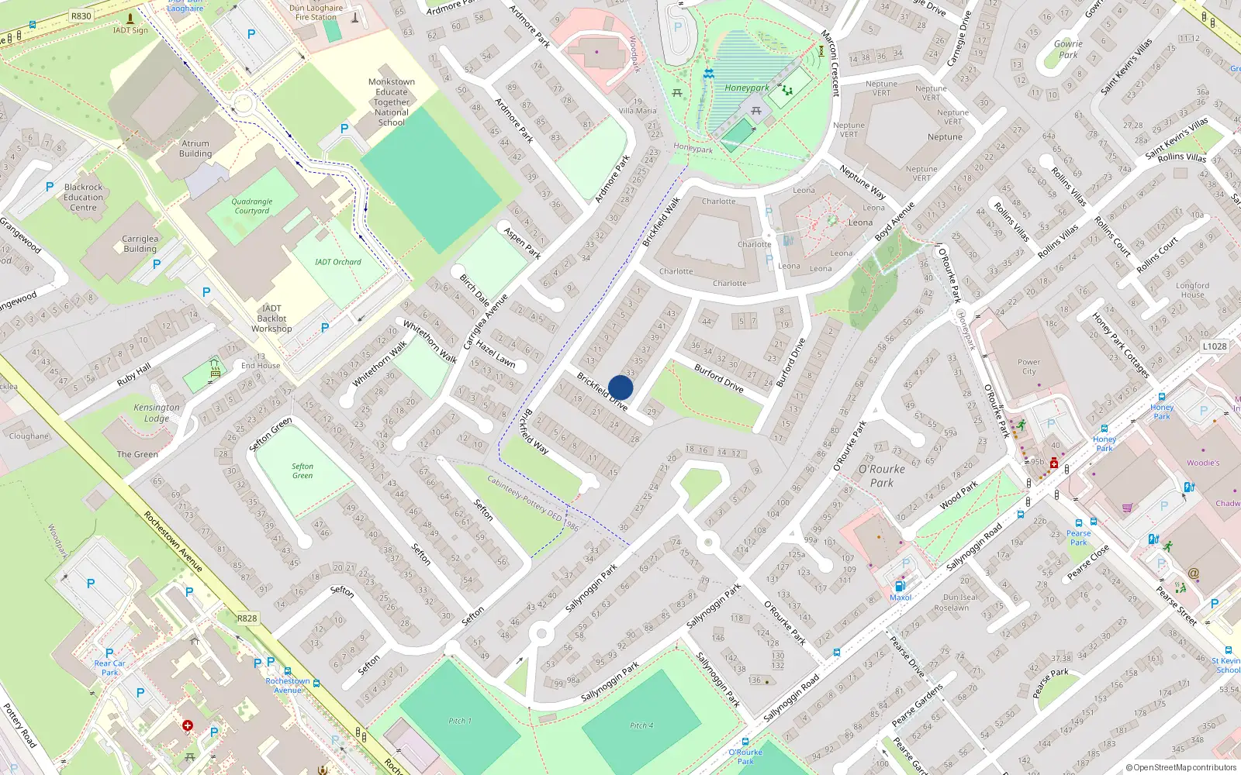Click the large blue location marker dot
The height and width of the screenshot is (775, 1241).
coord(620,387)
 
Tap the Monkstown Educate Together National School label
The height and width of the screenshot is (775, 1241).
coord(392,102)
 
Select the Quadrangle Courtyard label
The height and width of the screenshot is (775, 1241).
coord(252,206)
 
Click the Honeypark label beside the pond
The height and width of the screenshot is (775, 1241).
coord(746,88)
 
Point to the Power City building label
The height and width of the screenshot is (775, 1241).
coord(1028,366)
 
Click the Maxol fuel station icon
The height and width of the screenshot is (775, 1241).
coord(900,586)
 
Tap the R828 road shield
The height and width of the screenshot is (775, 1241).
coord(247,618)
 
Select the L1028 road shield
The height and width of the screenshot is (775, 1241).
coord(1215,346)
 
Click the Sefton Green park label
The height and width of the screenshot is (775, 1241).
coord(302,470)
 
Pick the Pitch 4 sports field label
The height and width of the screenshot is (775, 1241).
coord(641,725)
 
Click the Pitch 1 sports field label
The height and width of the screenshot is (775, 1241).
coord(459,721)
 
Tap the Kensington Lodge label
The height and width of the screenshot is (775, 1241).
coord(157,412)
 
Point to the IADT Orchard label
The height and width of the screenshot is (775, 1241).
coord(337,262)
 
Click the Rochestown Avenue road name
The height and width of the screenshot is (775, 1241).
coord(172,541)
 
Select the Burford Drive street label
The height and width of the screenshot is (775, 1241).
coord(718,378)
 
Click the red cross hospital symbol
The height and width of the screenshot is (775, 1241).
coord(188,725)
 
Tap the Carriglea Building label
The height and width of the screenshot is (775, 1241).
coord(140,243)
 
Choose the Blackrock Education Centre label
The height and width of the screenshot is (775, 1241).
coord(84,197)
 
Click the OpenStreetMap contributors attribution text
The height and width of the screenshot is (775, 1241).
coord(1181,767)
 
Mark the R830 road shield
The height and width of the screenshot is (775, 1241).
coord(81,15)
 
